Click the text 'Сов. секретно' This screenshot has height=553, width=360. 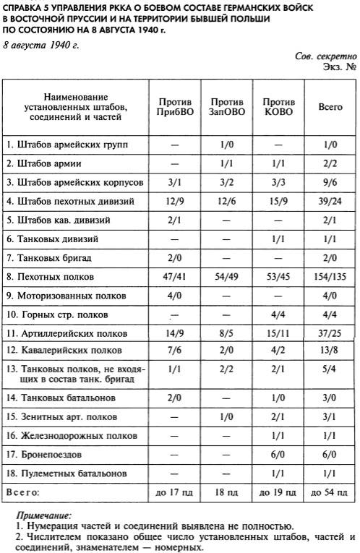pyautogui.click(x=326, y=56)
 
